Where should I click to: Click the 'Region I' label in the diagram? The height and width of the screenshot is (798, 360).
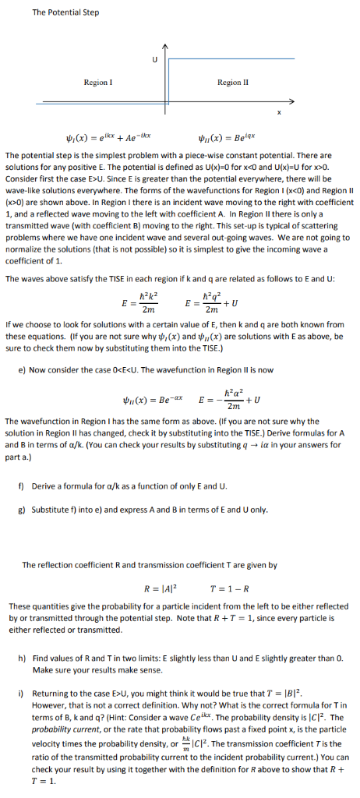(99, 82)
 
